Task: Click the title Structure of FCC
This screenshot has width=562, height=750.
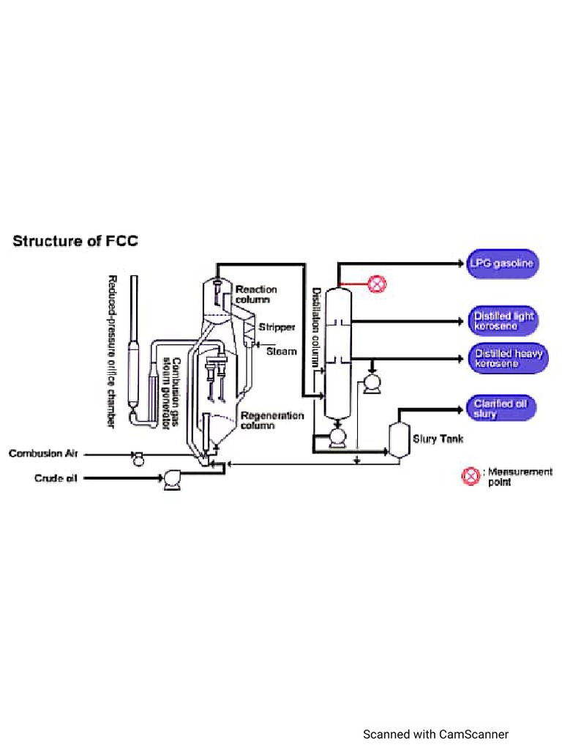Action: (75, 241)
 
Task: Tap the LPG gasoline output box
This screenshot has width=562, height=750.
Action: (503, 264)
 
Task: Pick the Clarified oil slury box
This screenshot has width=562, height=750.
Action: (501, 409)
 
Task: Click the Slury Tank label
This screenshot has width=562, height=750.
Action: (438, 439)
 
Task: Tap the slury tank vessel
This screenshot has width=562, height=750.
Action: (399, 439)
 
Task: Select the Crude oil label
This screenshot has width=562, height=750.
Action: (56, 478)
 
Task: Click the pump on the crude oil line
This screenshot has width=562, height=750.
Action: (172, 479)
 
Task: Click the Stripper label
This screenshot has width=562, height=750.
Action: (277, 327)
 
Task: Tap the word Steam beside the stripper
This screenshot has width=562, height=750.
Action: (281, 352)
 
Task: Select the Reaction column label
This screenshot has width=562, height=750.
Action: (255, 294)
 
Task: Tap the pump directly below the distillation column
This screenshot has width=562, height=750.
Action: (337, 437)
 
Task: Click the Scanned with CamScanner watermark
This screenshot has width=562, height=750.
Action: (435, 734)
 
